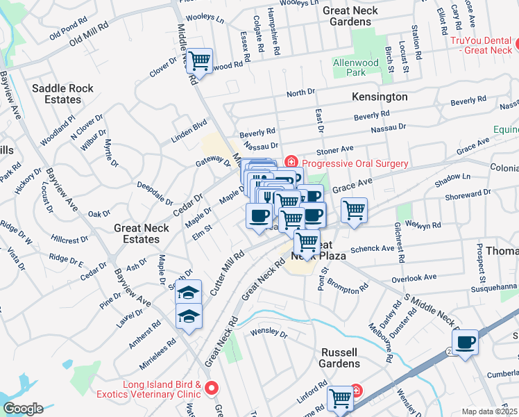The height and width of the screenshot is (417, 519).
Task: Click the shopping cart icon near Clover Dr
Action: (200, 61)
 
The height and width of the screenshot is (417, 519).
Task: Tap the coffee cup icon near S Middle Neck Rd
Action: (466, 342)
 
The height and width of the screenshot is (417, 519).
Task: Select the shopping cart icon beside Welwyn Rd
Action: (354, 209)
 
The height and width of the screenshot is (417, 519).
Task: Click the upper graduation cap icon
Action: (188, 293)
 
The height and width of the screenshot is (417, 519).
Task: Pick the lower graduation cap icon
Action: (188, 316)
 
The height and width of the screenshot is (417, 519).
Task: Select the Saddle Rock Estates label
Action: (66, 94)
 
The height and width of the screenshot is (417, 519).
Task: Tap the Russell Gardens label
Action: (339, 357)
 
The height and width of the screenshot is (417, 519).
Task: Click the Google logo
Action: (23, 409)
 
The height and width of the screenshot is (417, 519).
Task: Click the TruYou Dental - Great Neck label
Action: (481, 45)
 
